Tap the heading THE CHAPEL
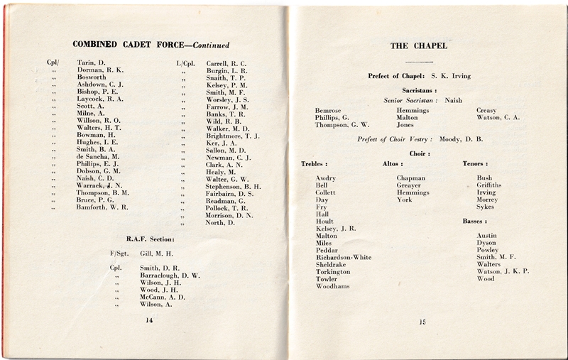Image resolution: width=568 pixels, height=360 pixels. click(x=419, y=46)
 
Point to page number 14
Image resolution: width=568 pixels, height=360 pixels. click(x=149, y=320)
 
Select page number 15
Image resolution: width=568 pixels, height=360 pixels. click(x=422, y=323)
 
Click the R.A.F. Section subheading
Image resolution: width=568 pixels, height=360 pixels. click(x=149, y=239)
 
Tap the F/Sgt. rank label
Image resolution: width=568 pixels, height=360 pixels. click(x=118, y=253)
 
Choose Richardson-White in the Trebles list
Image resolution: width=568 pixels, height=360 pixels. click(x=343, y=257)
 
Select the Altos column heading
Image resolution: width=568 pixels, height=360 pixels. click(x=393, y=164)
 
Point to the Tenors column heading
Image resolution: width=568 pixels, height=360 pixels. click(x=475, y=164)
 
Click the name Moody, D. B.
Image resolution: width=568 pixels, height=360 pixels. click(x=462, y=139)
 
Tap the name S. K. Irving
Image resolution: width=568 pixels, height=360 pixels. click(x=452, y=75)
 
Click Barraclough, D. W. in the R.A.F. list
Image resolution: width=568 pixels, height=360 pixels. click(x=170, y=275)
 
